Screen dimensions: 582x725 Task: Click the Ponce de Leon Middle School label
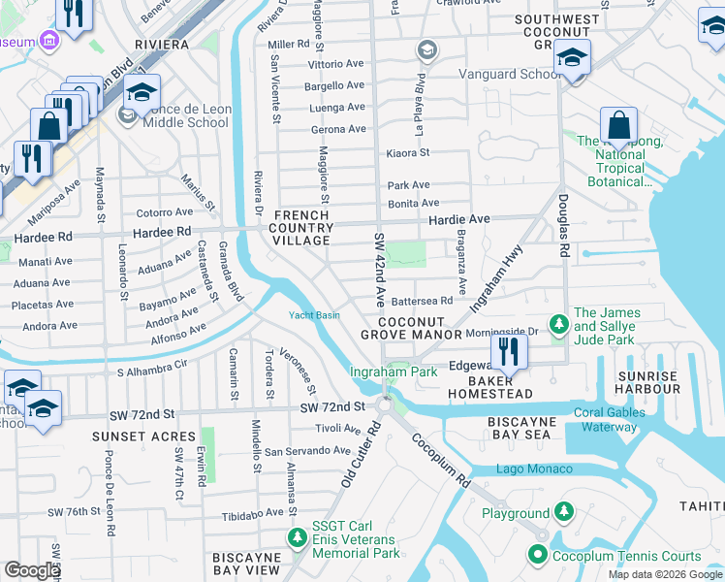[189, 116]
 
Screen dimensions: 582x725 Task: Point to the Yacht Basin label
[314, 315]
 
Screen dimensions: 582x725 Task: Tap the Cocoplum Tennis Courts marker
[538, 556]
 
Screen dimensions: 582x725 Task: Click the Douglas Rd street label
[563, 224]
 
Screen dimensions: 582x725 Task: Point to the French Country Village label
[303, 227]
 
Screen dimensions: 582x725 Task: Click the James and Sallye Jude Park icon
[558, 325]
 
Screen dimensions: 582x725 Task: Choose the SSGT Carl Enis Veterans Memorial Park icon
[297, 536]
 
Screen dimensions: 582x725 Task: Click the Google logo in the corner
[32, 570]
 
